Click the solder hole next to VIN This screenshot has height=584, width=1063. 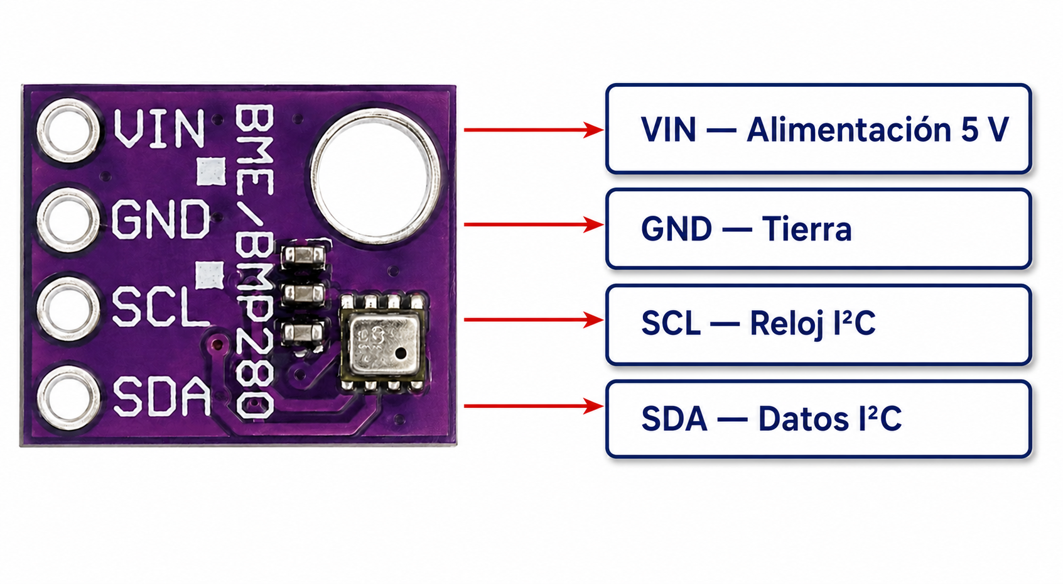pyautogui.click(x=69, y=129)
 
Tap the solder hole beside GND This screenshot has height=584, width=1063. pyautogui.click(x=69, y=219)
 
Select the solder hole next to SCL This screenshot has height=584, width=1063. pyautogui.click(x=69, y=309)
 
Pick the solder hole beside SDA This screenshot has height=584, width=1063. pyautogui.click(x=69, y=398)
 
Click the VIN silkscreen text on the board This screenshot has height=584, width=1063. pyautogui.click(x=159, y=128)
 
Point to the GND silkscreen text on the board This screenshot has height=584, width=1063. pyautogui.click(x=161, y=219)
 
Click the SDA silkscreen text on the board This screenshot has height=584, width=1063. pyautogui.click(x=161, y=396)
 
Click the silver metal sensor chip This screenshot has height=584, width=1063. pyautogui.click(x=384, y=344)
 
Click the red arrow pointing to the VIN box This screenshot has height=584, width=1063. pyautogui.click(x=534, y=129)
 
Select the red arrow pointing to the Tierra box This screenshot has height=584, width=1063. pyautogui.click(x=534, y=224)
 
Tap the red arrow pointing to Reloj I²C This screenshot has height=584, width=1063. pyautogui.click(x=534, y=320)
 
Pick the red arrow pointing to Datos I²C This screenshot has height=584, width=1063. pyautogui.click(x=534, y=406)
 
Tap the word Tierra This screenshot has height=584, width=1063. pyautogui.click(x=807, y=229)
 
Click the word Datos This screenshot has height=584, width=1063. pyautogui.click(x=804, y=419)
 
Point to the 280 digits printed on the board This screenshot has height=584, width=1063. pyautogui.click(x=255, y=375)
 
